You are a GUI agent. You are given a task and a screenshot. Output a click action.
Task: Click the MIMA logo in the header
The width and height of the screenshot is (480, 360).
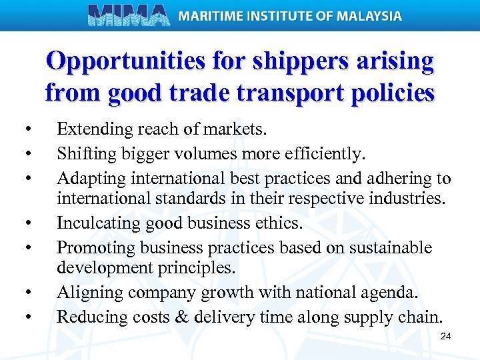click(x=128, y=15)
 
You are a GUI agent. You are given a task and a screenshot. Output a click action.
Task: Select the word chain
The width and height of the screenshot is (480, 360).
click(x=423, y=316)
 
